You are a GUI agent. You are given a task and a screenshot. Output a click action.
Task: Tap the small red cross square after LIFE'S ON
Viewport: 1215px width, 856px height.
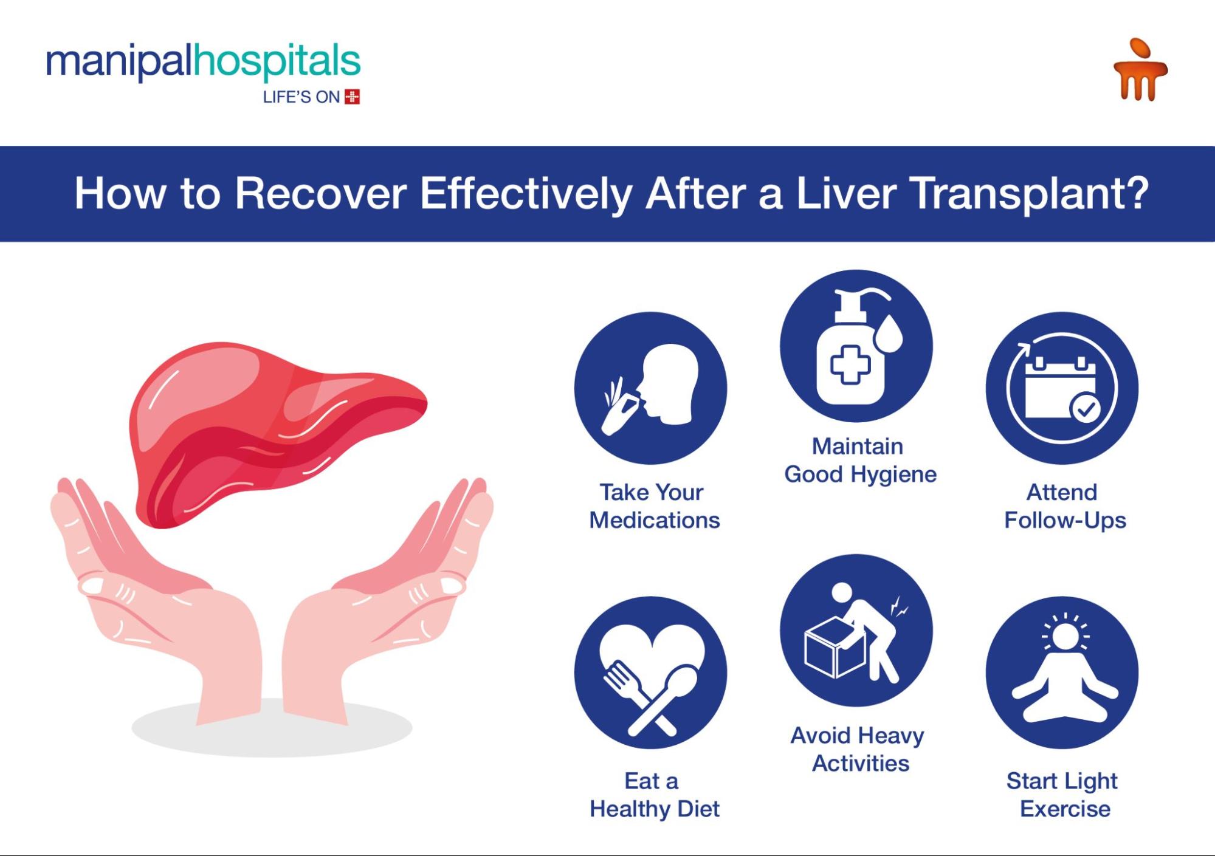[352, 97]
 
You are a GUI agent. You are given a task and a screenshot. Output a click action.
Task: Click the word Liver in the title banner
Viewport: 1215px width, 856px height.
[846, 194]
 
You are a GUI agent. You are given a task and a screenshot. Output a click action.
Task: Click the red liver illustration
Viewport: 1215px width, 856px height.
[277, 431]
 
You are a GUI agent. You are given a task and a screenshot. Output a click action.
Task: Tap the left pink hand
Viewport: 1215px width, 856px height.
[158, 601]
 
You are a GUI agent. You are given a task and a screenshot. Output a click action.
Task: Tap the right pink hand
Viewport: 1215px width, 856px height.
[389, 601]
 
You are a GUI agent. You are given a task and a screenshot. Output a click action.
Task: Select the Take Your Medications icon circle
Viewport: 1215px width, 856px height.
[650, 388]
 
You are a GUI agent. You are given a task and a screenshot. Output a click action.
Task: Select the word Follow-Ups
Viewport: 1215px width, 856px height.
[1065, 521]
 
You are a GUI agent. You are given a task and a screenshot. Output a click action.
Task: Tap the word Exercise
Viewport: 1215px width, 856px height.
[1065, 809]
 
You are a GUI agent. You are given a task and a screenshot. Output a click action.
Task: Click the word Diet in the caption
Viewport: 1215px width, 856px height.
[698, 809]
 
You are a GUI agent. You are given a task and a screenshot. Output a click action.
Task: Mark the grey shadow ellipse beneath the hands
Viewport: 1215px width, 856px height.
[272, 727]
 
